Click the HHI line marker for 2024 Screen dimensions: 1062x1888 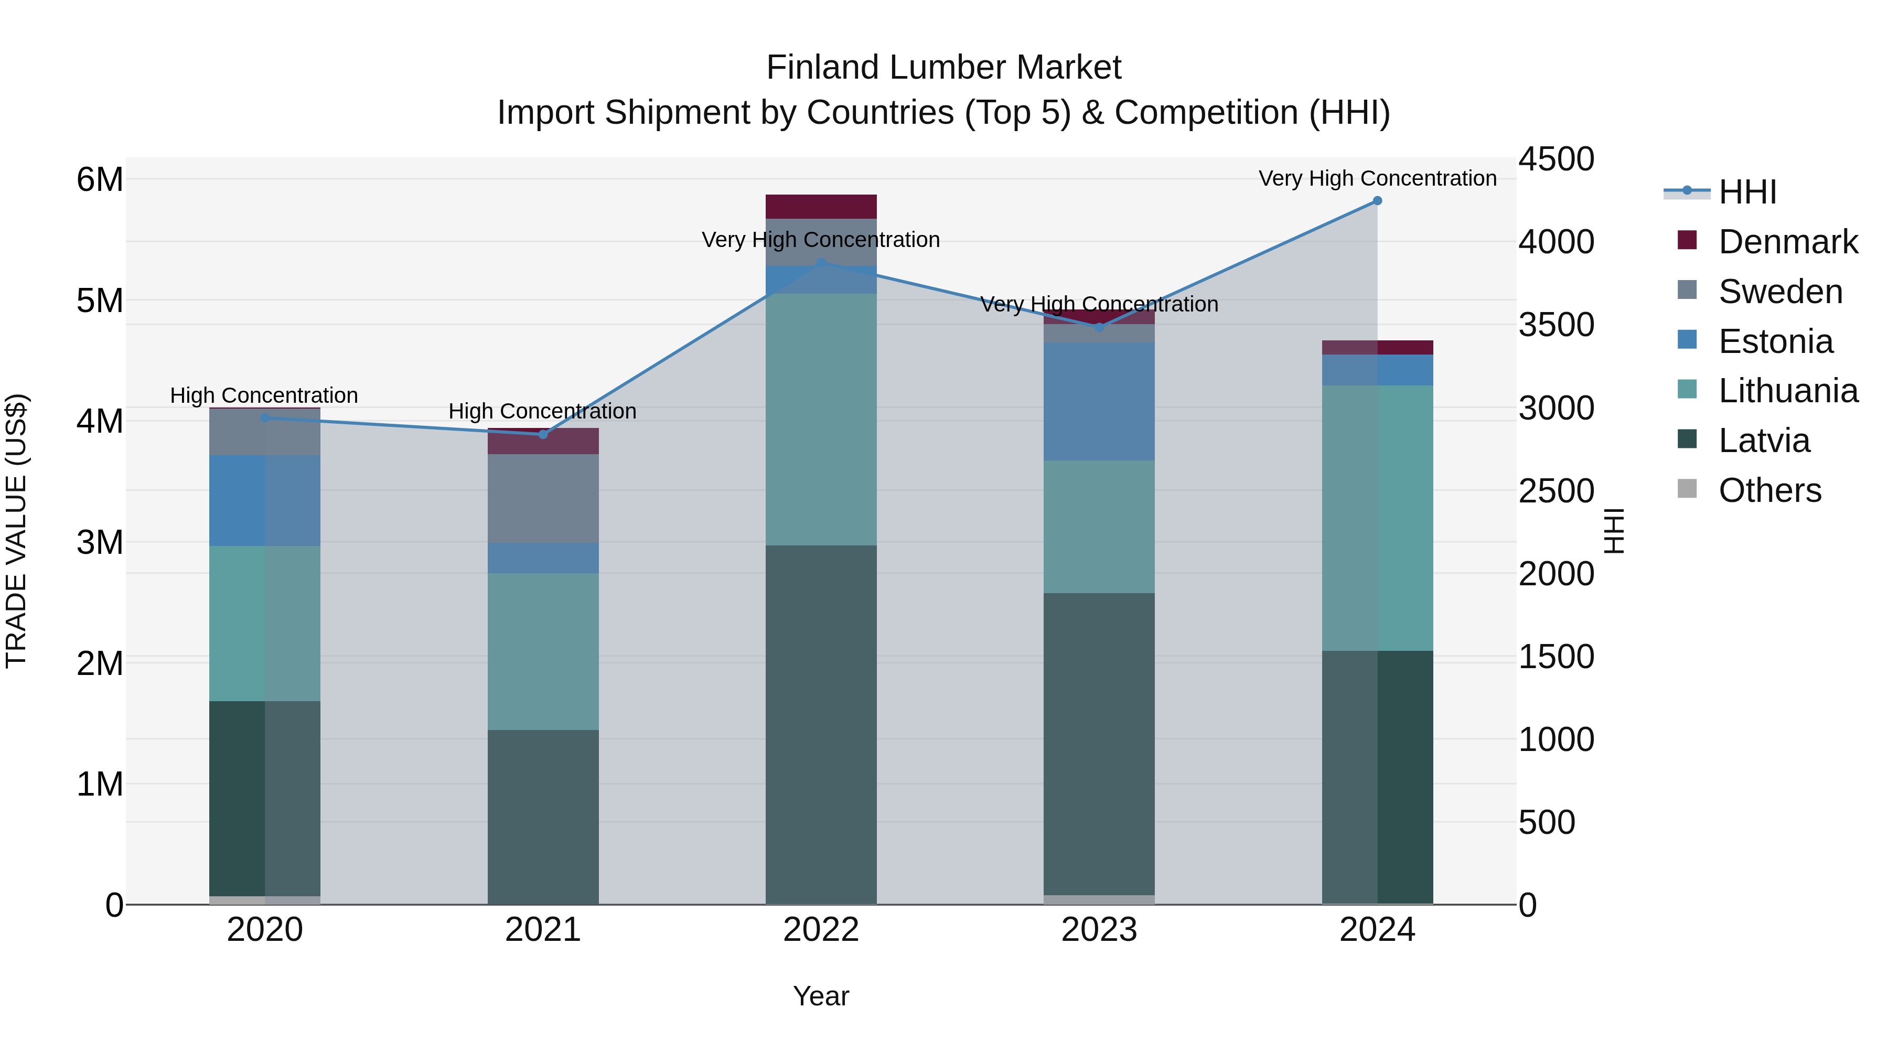pos(1377,201)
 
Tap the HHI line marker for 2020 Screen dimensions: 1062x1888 pos(265,418)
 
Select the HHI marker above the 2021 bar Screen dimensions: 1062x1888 pos(543,435)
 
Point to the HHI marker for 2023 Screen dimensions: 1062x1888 pos(1099,328)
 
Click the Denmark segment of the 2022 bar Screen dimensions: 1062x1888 pos(821,207)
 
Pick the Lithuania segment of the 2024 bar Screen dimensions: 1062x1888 pos(1377,518)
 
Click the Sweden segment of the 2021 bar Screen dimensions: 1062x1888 pos(543,498)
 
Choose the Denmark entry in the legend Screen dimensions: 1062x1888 pos(1788,242)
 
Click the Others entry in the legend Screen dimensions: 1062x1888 pos(1769,490)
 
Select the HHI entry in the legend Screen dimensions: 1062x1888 pos(1747,192)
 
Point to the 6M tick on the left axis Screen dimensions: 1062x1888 pos(100,179)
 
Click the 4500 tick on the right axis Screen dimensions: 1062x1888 pos(1556,159)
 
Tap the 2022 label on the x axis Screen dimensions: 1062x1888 pos(821,930)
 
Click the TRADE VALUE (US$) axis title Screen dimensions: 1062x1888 pos(16,531)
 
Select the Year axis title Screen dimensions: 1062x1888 pos(821,996)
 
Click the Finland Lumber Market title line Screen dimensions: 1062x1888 pos(943,68)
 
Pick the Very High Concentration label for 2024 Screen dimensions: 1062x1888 pos(1377,179)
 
